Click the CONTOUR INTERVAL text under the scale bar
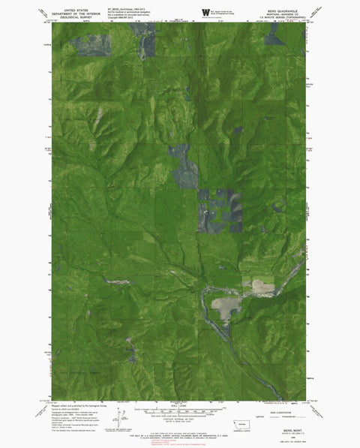180,414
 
